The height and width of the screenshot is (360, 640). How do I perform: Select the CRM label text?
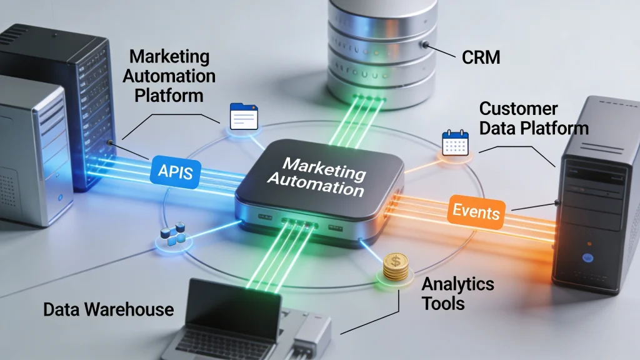tap(481, 58)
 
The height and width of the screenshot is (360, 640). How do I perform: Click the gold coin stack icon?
tap(396, 267)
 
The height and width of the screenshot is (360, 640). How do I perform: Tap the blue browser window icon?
tap(244, 116)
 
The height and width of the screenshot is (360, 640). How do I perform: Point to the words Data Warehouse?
tap(108, 309)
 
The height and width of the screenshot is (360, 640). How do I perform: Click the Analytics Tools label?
tap(457, 293)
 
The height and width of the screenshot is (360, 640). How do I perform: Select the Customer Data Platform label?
tap(533, 118)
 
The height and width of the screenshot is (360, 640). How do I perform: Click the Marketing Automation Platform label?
tap(169, 76)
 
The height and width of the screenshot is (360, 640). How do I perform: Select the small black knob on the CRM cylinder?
tap(424, 45)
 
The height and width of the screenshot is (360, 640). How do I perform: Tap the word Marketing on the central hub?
tap(316, 167)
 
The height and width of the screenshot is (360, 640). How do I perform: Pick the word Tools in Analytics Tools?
tap(442, 303)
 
